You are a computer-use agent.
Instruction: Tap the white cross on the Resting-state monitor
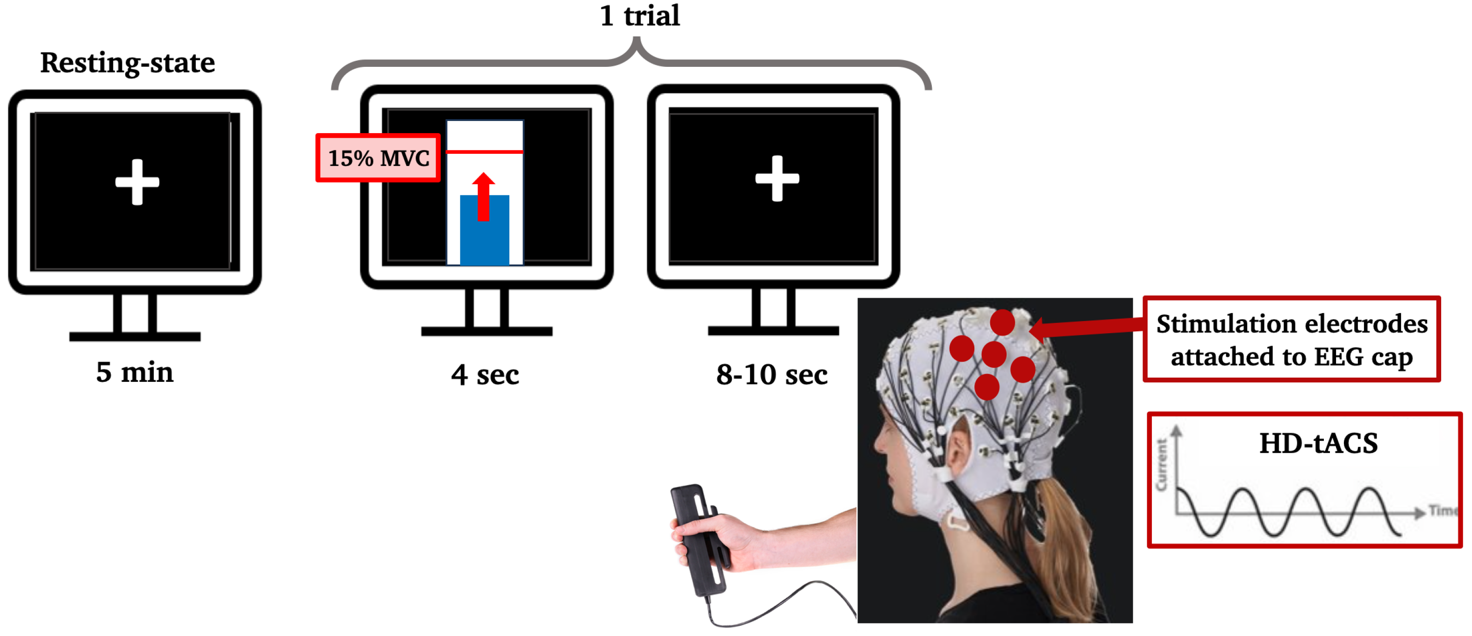tap(137, 182)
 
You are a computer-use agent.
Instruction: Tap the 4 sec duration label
tap(485, 375)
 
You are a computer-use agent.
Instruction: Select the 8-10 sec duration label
tap(772, 375)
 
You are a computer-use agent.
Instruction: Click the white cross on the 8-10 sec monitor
tap(777, 179)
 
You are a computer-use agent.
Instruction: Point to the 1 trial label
tap(639, 15)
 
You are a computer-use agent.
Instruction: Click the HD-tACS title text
tap(1318, 443)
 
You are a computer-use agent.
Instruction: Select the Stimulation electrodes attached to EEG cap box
tap(1292, 339)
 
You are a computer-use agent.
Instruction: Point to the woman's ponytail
tap(1063, 531)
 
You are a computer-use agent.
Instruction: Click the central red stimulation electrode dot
tap(993, 354)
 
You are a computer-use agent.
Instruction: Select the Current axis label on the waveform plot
tap(1161, 464)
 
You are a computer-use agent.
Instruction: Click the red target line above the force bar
tap(485, 151)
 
